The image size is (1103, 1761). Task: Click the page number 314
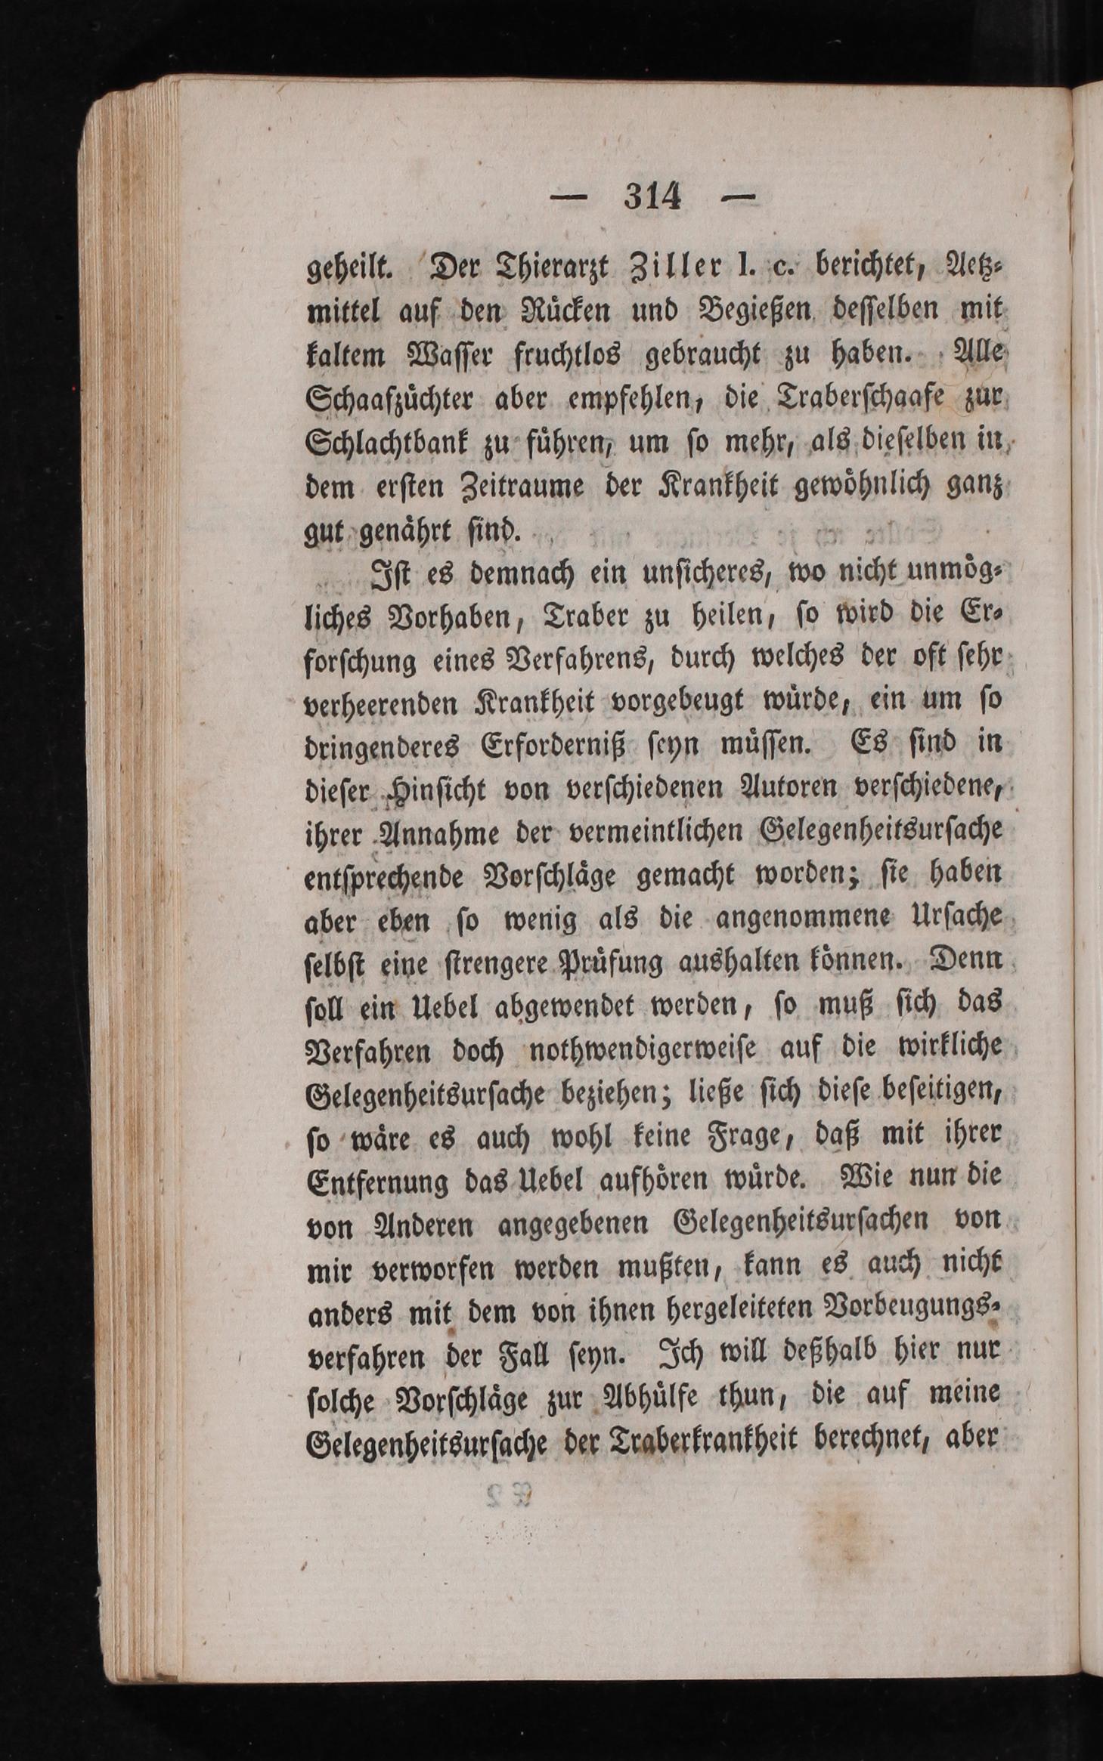click(652, 198)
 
